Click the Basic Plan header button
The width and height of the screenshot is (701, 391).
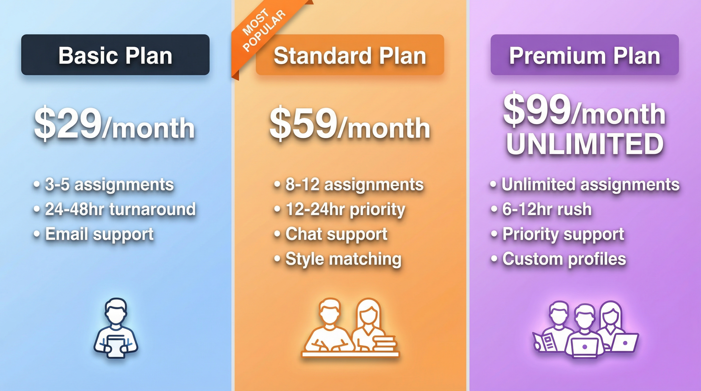tap(115, 55)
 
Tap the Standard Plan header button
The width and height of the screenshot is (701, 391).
tap(350, 55)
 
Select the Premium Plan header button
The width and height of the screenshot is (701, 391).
tap(585, 55)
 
